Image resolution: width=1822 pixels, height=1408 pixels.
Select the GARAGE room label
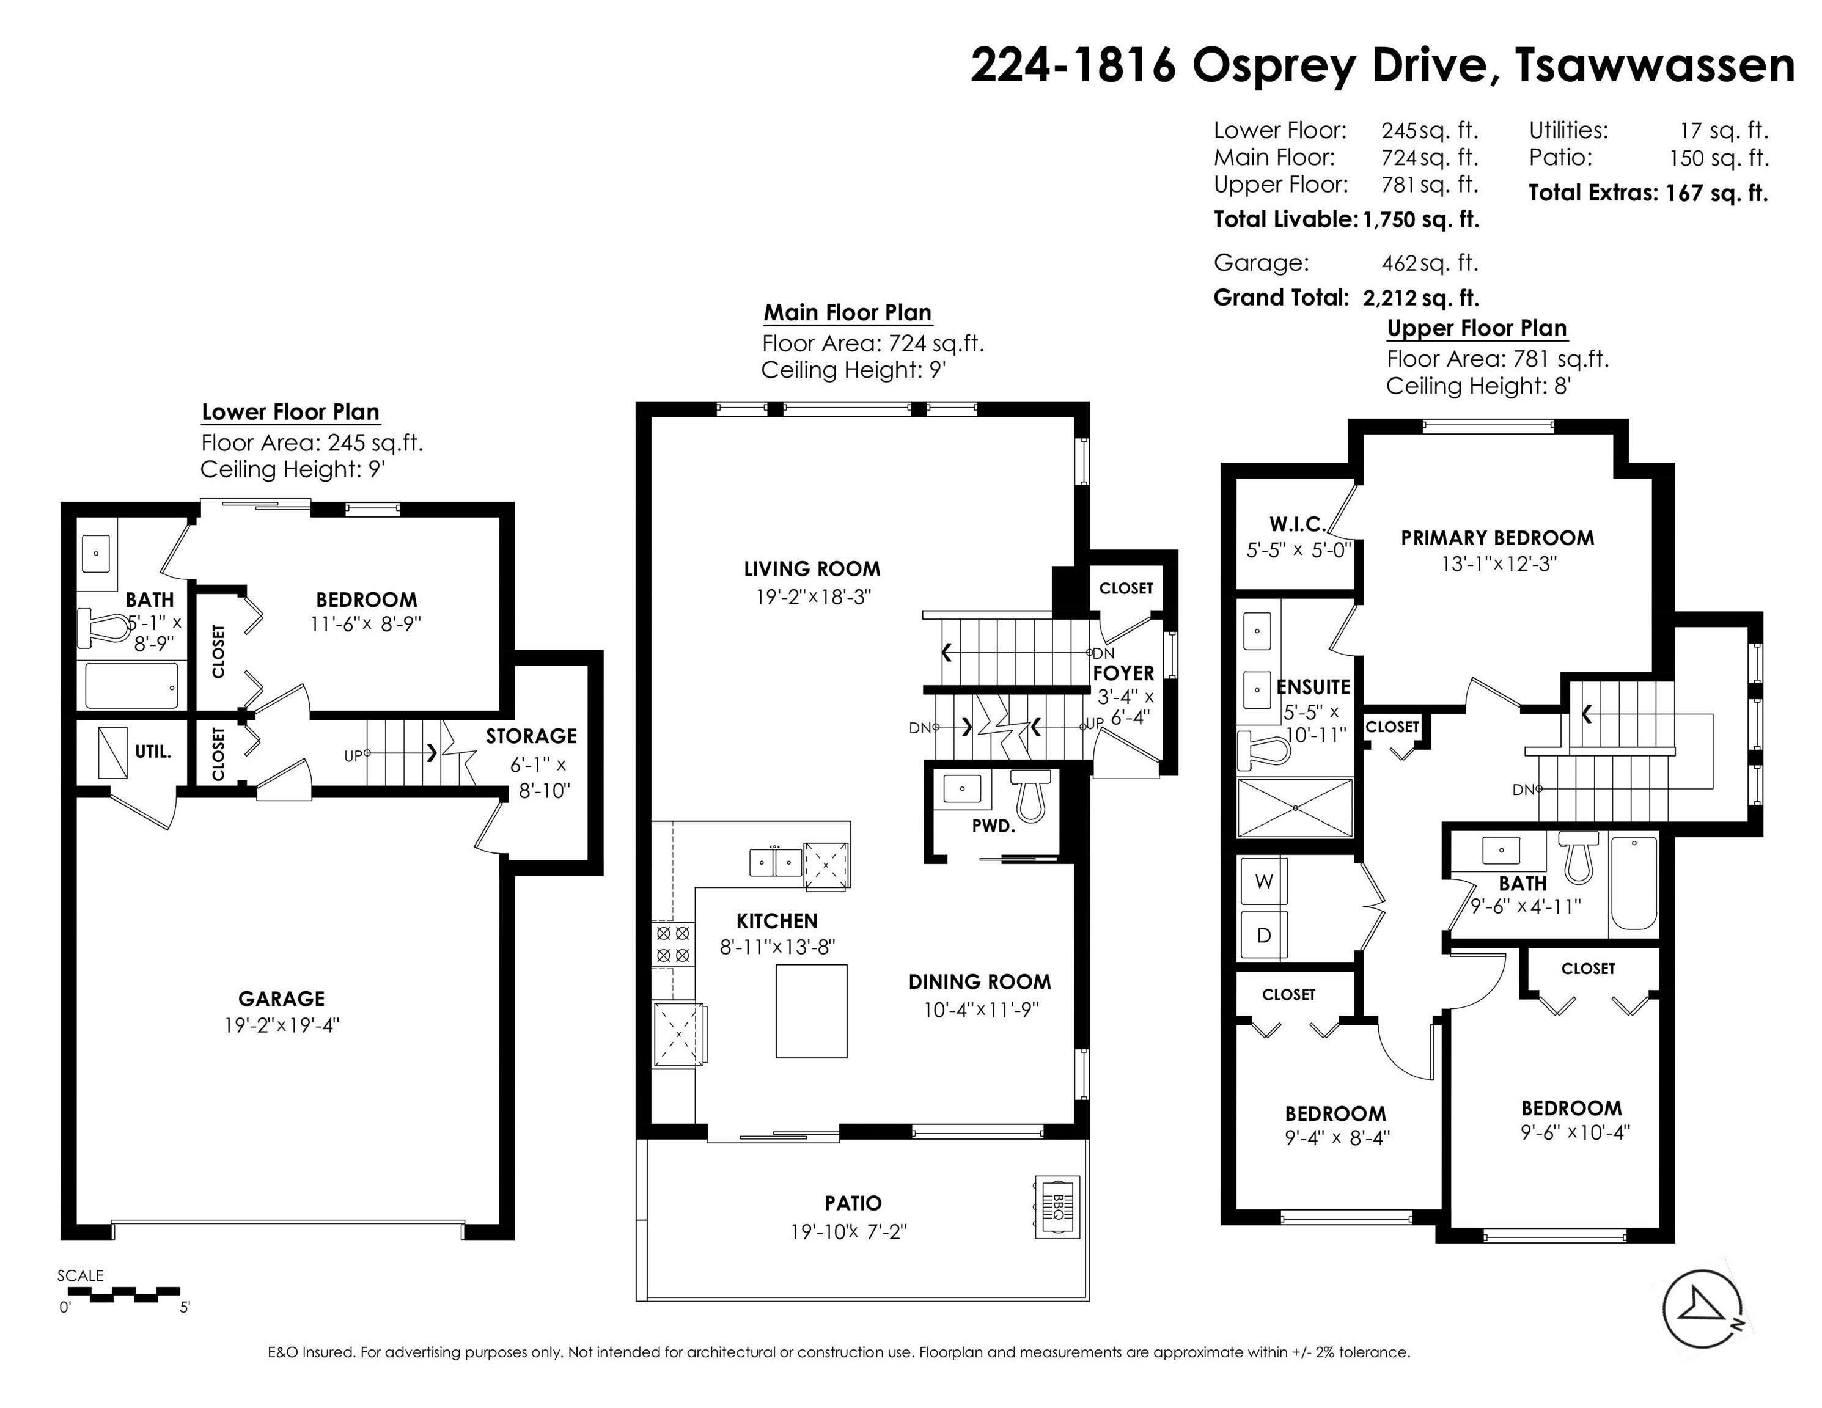281,999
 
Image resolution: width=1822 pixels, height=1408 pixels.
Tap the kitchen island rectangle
812,1011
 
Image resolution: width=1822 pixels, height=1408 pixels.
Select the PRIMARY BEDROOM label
1497,538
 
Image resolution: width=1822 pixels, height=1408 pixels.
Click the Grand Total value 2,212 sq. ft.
1420,298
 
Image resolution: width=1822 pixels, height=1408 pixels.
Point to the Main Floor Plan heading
848,313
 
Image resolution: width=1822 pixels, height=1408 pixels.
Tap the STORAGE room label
531,736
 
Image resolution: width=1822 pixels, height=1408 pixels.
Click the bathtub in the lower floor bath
132,685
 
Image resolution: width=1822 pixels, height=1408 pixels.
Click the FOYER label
1124,673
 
